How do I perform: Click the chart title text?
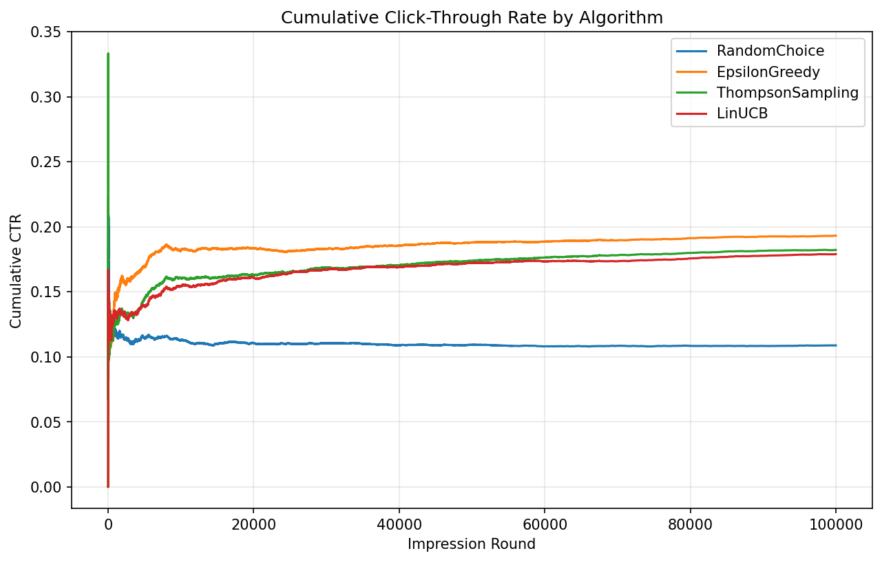coord(472,18)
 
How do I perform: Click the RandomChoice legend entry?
coord(770,50)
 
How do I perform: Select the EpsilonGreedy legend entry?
coord(768,72)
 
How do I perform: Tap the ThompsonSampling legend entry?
coord(787,93)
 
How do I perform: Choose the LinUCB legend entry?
coord(742,114)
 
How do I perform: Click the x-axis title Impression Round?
coord(472,544)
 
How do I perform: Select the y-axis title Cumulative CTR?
coord(15,270)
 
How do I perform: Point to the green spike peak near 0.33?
coord(108,54)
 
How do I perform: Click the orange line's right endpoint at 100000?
coord(835,236)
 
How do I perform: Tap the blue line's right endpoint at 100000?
coord(835,345)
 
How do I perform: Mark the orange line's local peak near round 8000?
coord(166,244)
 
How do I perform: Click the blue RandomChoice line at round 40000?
coord(399,345)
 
